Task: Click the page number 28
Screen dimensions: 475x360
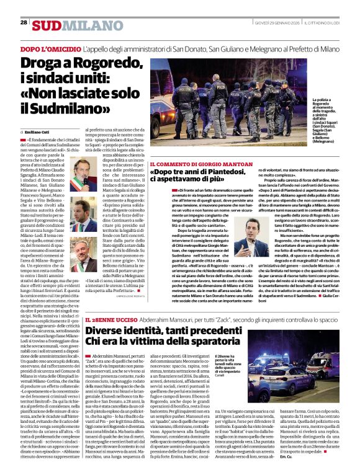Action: click(24, 23)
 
